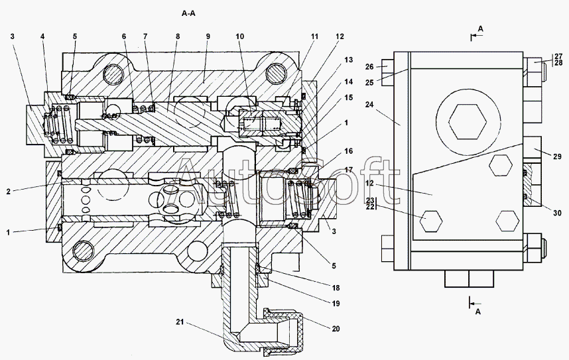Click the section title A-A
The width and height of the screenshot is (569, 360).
pyautogui.click(x=188, y=14)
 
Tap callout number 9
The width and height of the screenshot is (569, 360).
pyautogui.click(x=208, y=36)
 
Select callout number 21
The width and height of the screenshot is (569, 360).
pyautogui.click(x=180, y=322)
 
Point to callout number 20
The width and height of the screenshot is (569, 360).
pyautogui.click(x=336, y=328)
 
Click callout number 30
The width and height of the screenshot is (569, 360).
pyautogui.click(x=557, y=213)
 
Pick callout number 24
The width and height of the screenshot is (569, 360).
pyautogui.click(x=369, y=105)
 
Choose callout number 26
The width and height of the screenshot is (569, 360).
pyautogui.click(x=369, y=67)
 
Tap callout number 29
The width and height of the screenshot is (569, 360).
pyautogui.click(x=557, y=156)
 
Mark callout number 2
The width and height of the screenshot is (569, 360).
pyautogui.click(x=9, y=192)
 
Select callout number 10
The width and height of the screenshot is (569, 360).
pyautogui.click(x=240, y=36)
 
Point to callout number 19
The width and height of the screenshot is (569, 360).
pyautogui.click(x=336, y=304)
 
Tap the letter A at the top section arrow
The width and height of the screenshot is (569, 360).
pyautogui.click(x=480, y=29)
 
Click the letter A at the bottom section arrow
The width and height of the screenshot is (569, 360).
pyautogui.click(x=478, y=312)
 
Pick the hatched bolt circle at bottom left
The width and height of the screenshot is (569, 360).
pyautogui.click(x=84, y=251)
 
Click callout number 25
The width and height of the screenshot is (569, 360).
pyautogui.click(x=369, y=83)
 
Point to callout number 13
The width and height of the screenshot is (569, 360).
pyautogui.click(x=348, y=60)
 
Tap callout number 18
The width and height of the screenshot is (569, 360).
pyautogui.click(x=336, y=288)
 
